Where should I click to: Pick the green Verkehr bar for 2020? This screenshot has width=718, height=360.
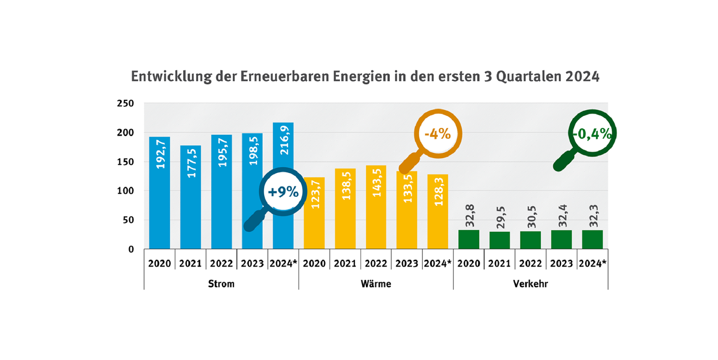468,239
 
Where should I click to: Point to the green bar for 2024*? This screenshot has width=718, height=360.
592,239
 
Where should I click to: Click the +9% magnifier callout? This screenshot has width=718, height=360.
281,191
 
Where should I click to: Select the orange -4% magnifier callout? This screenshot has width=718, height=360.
437,134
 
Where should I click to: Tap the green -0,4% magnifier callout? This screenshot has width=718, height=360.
591,134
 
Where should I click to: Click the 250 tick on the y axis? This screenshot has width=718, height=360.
125,103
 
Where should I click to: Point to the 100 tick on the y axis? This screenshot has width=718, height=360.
125,191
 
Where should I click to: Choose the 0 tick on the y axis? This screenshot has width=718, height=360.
131,249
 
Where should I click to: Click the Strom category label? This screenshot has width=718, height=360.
221,284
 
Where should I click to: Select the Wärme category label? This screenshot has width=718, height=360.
375,284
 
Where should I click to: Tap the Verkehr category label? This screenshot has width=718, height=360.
530,284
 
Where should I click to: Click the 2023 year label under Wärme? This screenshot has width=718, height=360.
407,263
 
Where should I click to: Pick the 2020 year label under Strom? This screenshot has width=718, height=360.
159,263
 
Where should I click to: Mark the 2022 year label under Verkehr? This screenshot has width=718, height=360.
530,263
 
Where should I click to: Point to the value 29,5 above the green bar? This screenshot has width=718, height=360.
500,217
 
